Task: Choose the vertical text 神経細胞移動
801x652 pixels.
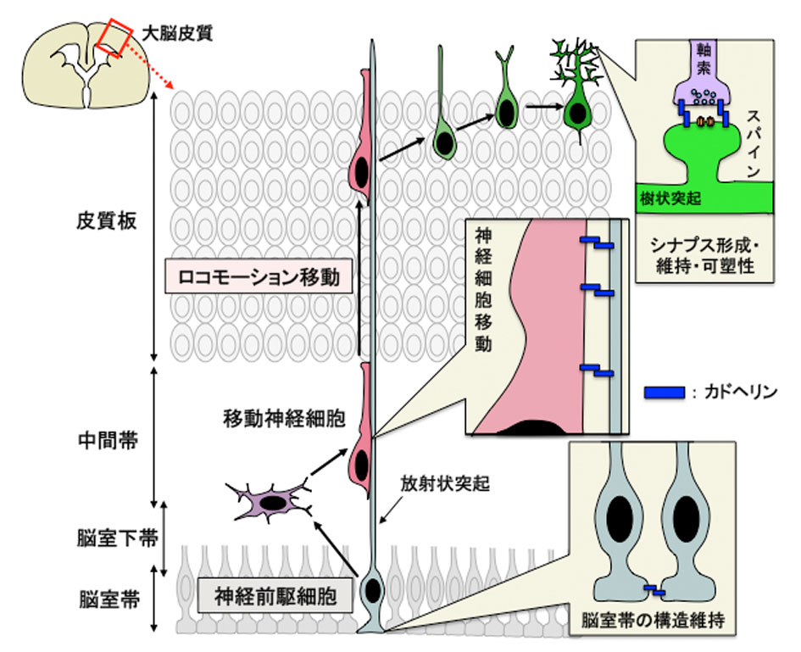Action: (484, 288)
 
